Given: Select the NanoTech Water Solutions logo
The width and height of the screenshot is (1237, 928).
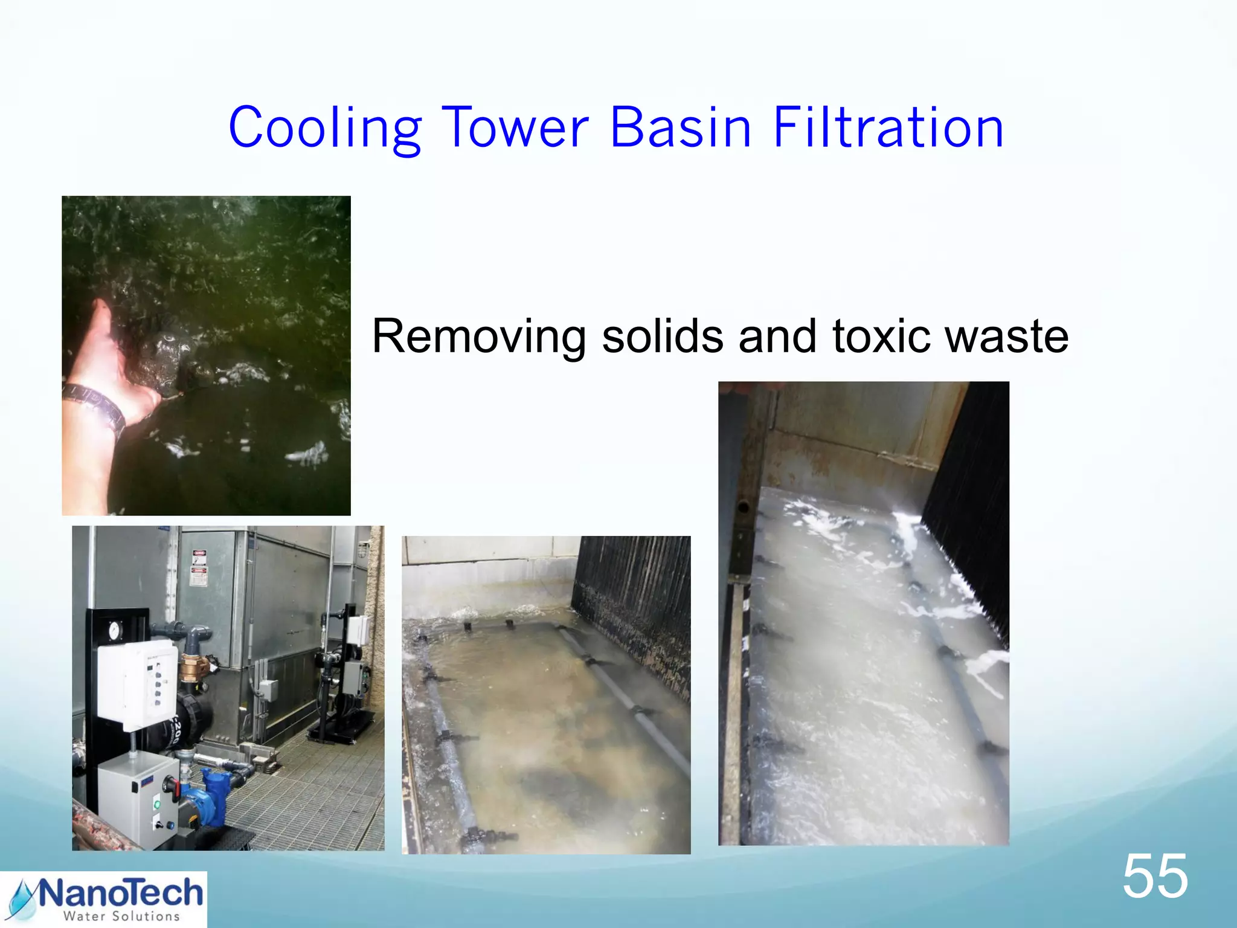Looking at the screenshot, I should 103,900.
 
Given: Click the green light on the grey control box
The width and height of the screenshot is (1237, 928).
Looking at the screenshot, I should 157,804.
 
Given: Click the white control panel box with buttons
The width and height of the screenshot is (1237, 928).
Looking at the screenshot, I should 138,683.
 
